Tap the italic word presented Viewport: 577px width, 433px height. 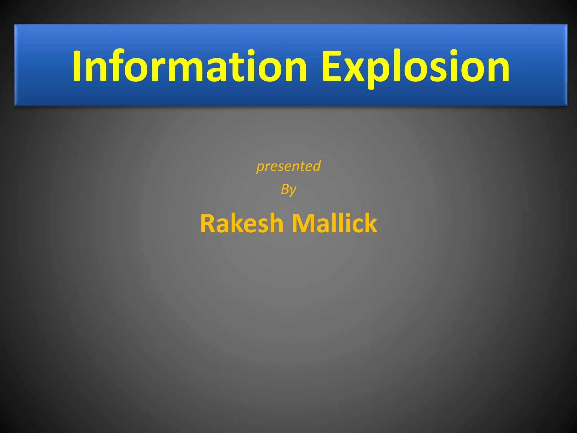[x=288, y=166]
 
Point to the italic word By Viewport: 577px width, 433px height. [x=288, y=189]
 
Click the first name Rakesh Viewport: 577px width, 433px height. [x=242, y=223]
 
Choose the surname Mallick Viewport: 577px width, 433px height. [x=334, y=223]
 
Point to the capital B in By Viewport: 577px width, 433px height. [x=285, y=189]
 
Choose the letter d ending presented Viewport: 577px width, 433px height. [x=317, y=166]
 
